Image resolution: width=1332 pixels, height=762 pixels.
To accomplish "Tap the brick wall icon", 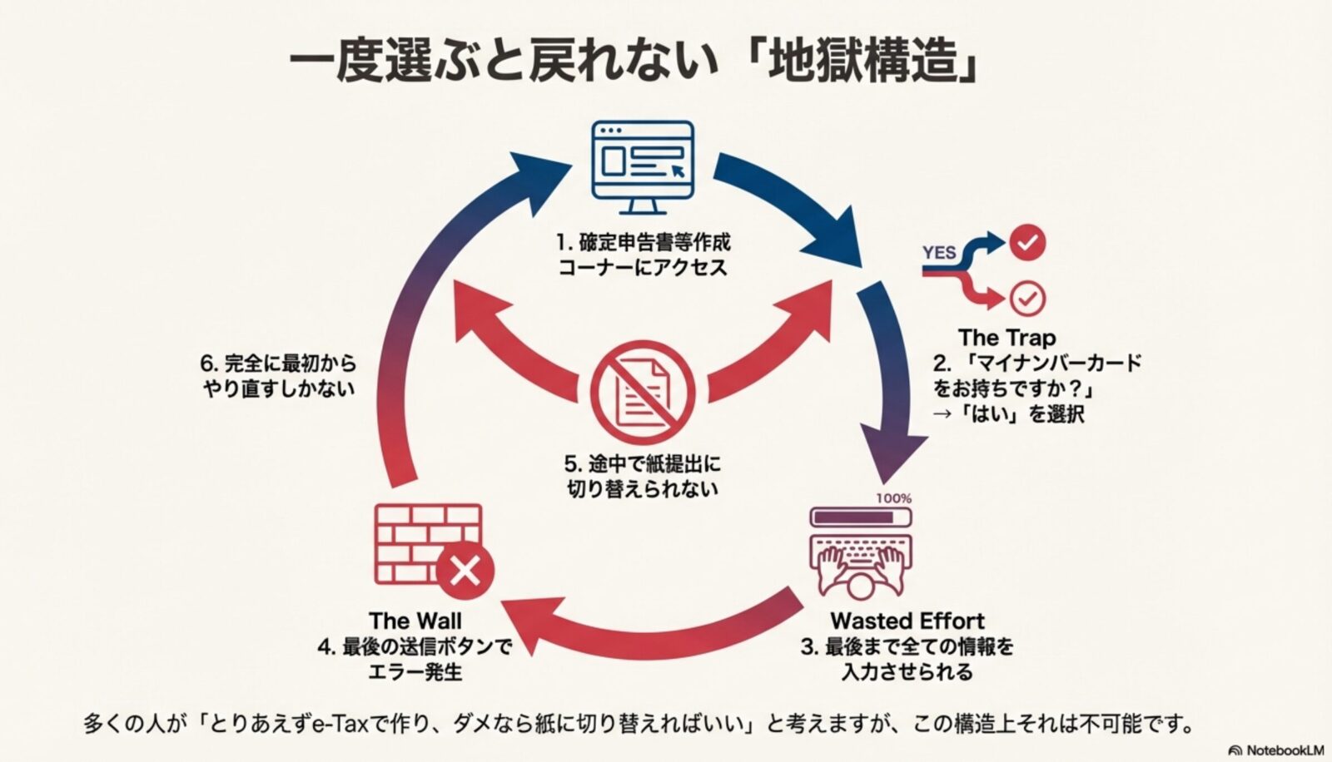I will pos(426,542).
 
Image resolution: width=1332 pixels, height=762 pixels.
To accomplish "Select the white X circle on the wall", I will pos(465,571).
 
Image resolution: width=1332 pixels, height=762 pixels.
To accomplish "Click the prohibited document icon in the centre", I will pos(642,391).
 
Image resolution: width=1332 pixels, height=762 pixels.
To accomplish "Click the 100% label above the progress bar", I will pos(893,498).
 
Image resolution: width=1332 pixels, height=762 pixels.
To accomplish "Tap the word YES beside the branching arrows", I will pos(939,252).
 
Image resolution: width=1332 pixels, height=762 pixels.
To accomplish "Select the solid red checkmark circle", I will pos(1027,242).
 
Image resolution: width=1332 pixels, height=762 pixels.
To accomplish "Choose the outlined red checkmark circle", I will pos(1027,298).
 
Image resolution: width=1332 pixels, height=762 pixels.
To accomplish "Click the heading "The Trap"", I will pos(1006,338).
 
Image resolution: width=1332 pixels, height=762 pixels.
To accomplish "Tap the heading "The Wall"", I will pos(415,621).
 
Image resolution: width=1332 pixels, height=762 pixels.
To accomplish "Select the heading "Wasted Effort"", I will pos(907,621).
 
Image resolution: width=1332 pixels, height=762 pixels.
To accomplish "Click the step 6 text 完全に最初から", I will pos(278,364).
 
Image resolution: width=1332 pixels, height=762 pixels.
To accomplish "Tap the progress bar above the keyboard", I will pos(861,517).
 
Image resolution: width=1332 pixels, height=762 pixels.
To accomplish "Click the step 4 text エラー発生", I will pos(415,670).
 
